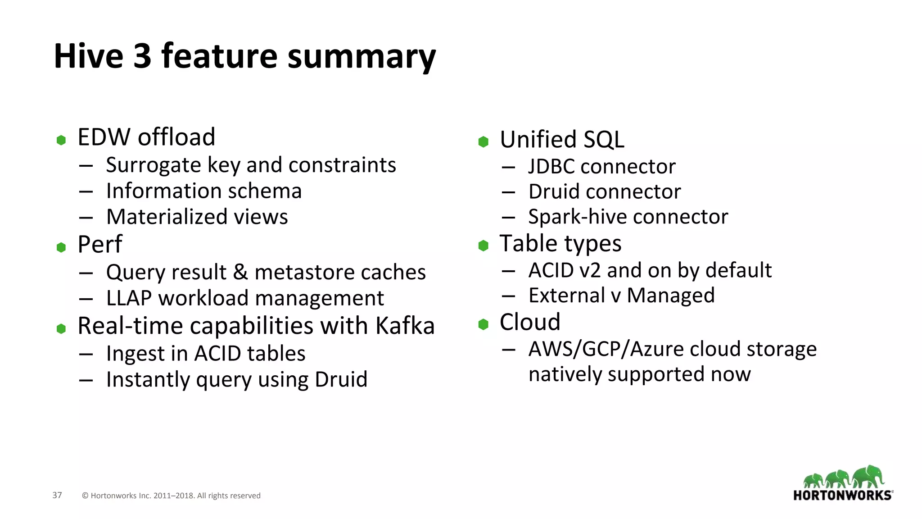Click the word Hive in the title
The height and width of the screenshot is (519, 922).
pos(89,56)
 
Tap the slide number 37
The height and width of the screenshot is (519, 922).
pos(57,495)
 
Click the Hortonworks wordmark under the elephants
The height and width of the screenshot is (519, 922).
pos(842,496)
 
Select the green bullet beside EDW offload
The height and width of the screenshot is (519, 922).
pos(61,140)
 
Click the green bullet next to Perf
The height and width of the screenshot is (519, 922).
pos(61,247)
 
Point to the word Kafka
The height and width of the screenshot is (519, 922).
pos(405,326)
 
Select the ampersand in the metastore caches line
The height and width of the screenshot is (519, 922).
pos(240,272)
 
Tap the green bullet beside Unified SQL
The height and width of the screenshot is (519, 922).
pos(484,142)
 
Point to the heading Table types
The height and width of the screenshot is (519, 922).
pos(560,244)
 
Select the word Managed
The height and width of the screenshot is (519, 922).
pos(670,296)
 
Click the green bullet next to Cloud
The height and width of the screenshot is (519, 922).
pos(484,324)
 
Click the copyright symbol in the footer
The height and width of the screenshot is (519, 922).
pos(85,496)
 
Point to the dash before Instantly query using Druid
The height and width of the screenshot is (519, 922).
pos(86,380)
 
